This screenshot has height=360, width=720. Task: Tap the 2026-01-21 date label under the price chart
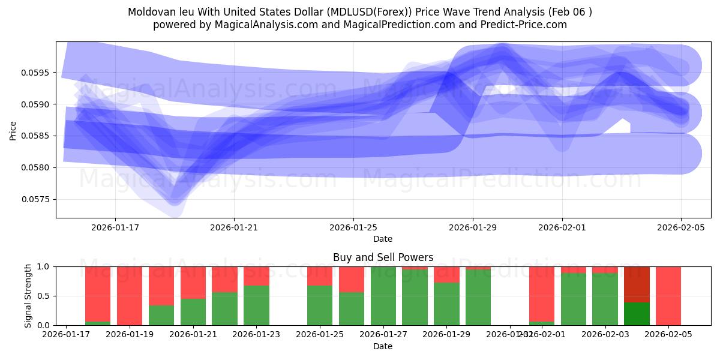(234, 228)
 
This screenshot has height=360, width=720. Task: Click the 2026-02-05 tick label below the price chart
(680, 228)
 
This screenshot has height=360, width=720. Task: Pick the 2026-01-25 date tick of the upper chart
(353, 228)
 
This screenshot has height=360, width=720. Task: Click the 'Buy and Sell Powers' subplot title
(383, 257)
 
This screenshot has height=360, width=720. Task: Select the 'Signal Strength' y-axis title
(28, 296)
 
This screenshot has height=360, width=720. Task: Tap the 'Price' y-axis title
(13, 130)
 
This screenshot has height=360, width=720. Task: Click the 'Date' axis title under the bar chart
(383, 346)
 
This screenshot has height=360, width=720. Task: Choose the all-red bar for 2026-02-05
(668, 296)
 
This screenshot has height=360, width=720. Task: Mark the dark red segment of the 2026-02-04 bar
(637, 284)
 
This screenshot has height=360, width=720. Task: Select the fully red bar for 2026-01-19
(130, 296)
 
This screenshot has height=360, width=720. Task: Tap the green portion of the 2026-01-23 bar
(256, 305)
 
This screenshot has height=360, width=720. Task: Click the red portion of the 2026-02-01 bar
(542, 293)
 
